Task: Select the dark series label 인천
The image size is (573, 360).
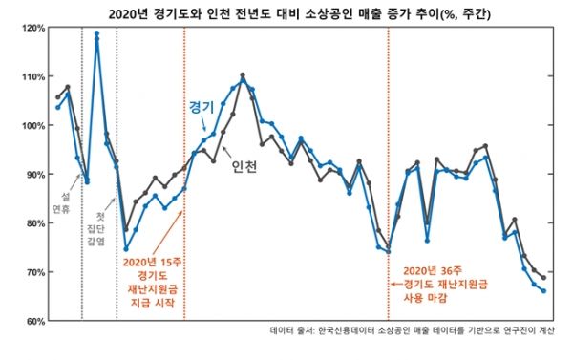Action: coord(244,166)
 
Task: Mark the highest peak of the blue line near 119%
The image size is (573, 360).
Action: coord(96,33)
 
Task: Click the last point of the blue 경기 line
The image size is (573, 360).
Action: coord(544,291)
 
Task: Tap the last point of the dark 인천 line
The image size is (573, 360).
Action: coord(544,278)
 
